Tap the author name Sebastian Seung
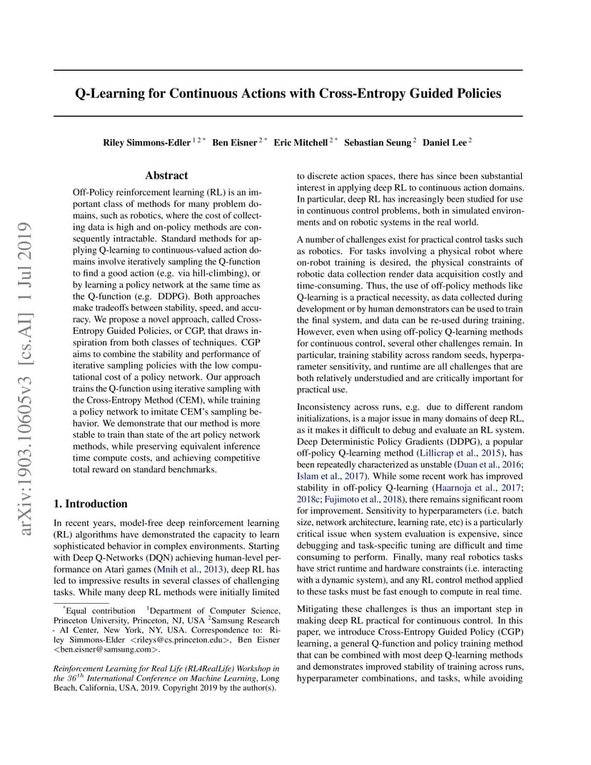point(378,143)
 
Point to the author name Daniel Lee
point(445,143)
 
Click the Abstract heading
point(166,176)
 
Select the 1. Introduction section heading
point(91,503)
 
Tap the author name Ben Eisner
point(233,143)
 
